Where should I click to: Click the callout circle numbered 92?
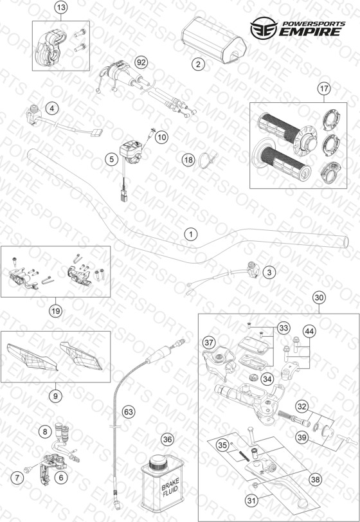click(141, 62)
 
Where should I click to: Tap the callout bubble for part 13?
click(61, 7)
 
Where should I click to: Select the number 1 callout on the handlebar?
click(191, 235)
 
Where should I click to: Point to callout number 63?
click(128, 412)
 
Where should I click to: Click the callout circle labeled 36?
click(167, 440)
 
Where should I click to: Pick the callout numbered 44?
click(309, 331)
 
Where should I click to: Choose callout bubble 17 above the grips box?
click(324, 89)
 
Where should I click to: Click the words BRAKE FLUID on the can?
click(170, 487)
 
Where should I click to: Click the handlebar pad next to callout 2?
click(214, 41)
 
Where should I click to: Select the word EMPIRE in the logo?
click(310, 32)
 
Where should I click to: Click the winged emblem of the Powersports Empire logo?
click(264, 28)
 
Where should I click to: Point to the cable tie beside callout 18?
click(206, 161)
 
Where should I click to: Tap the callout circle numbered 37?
click(209, 343)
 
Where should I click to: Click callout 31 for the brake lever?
click(253, 500)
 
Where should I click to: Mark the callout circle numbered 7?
click(17, 478)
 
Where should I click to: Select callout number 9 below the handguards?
click(55, 396)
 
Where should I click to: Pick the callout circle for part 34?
click(267, 379)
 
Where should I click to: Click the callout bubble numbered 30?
click(319, 297)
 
